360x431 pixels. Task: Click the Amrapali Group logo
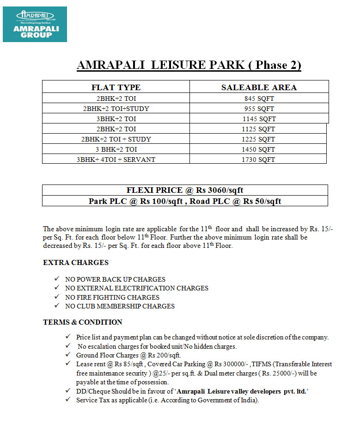[x=35, y=24]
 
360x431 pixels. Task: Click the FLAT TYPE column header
[x=116, y=87]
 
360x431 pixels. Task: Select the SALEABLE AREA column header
[x=259, y=87]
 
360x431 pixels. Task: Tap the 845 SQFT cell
[x=259, y=99]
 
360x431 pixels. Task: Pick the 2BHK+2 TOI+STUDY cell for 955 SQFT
[x=116, y=109]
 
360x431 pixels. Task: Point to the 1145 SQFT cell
[x=259, y=119]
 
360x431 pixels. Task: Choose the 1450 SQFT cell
[x=258, y=149]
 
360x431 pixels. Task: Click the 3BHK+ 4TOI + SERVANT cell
[x=116, y=160]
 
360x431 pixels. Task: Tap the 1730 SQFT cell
[x=258, y=160]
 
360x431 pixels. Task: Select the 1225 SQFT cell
[x=258, y=139]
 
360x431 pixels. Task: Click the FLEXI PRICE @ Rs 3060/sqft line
[x=185, y=190]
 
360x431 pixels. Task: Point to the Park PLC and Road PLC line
[x=185, y=201]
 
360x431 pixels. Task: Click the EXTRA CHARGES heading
[x=76, y=263]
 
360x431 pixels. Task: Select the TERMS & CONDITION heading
[x=83, y=322]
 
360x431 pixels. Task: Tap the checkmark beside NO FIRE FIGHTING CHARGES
[x=56, y=297]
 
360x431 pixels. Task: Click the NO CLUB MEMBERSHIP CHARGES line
[x=120, y=306]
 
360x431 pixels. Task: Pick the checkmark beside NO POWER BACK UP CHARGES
[x=56, y=279]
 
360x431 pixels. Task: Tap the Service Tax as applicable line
[x=167, y=400]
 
